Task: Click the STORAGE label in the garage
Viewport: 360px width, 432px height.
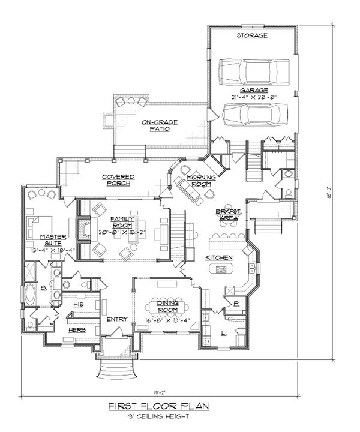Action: pyautogui.click(x=252, y=36)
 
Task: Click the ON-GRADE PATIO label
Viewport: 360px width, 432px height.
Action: pyautogui.click(x=155, y=125)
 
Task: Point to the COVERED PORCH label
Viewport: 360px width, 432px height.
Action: pyautogui.click(x=117, y=179)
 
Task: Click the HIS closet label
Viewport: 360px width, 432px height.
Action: pyautogui.click(x=77, y=305)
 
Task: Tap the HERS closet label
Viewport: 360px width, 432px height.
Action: pyautogui.click(x=76, y=330)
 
